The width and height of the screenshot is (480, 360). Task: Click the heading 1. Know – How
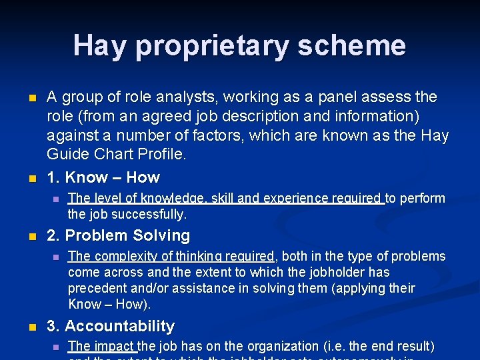tap(103, 177)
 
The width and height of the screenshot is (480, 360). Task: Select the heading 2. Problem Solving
tap(118, 235)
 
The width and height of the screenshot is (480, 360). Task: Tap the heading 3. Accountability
tap(111, 326)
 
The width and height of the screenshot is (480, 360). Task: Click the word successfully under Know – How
tap(149, 214)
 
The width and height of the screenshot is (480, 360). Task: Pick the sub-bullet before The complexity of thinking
tap(56, 257)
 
